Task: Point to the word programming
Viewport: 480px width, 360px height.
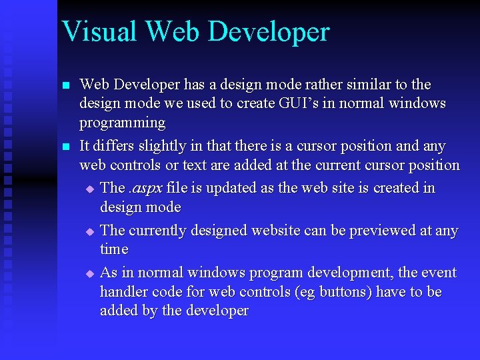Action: point(122,123)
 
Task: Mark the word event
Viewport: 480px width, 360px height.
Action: point(438,273)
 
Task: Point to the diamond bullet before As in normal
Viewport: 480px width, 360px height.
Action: point(90,274)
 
